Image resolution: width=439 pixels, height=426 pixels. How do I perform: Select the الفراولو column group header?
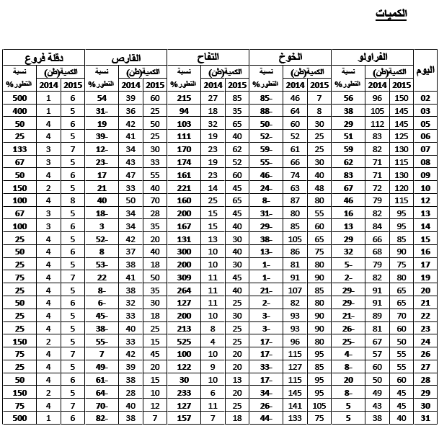372,57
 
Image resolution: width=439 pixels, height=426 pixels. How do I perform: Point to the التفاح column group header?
208,57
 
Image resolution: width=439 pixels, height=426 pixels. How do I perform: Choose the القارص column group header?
126,57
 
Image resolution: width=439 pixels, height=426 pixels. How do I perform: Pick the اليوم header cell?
426,70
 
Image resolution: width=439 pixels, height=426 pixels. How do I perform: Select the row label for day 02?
425,98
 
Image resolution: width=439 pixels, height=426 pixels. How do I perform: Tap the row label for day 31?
425,419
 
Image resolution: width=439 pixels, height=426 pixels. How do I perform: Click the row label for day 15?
425,241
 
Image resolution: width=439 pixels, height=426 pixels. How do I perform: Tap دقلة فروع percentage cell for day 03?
19,110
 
